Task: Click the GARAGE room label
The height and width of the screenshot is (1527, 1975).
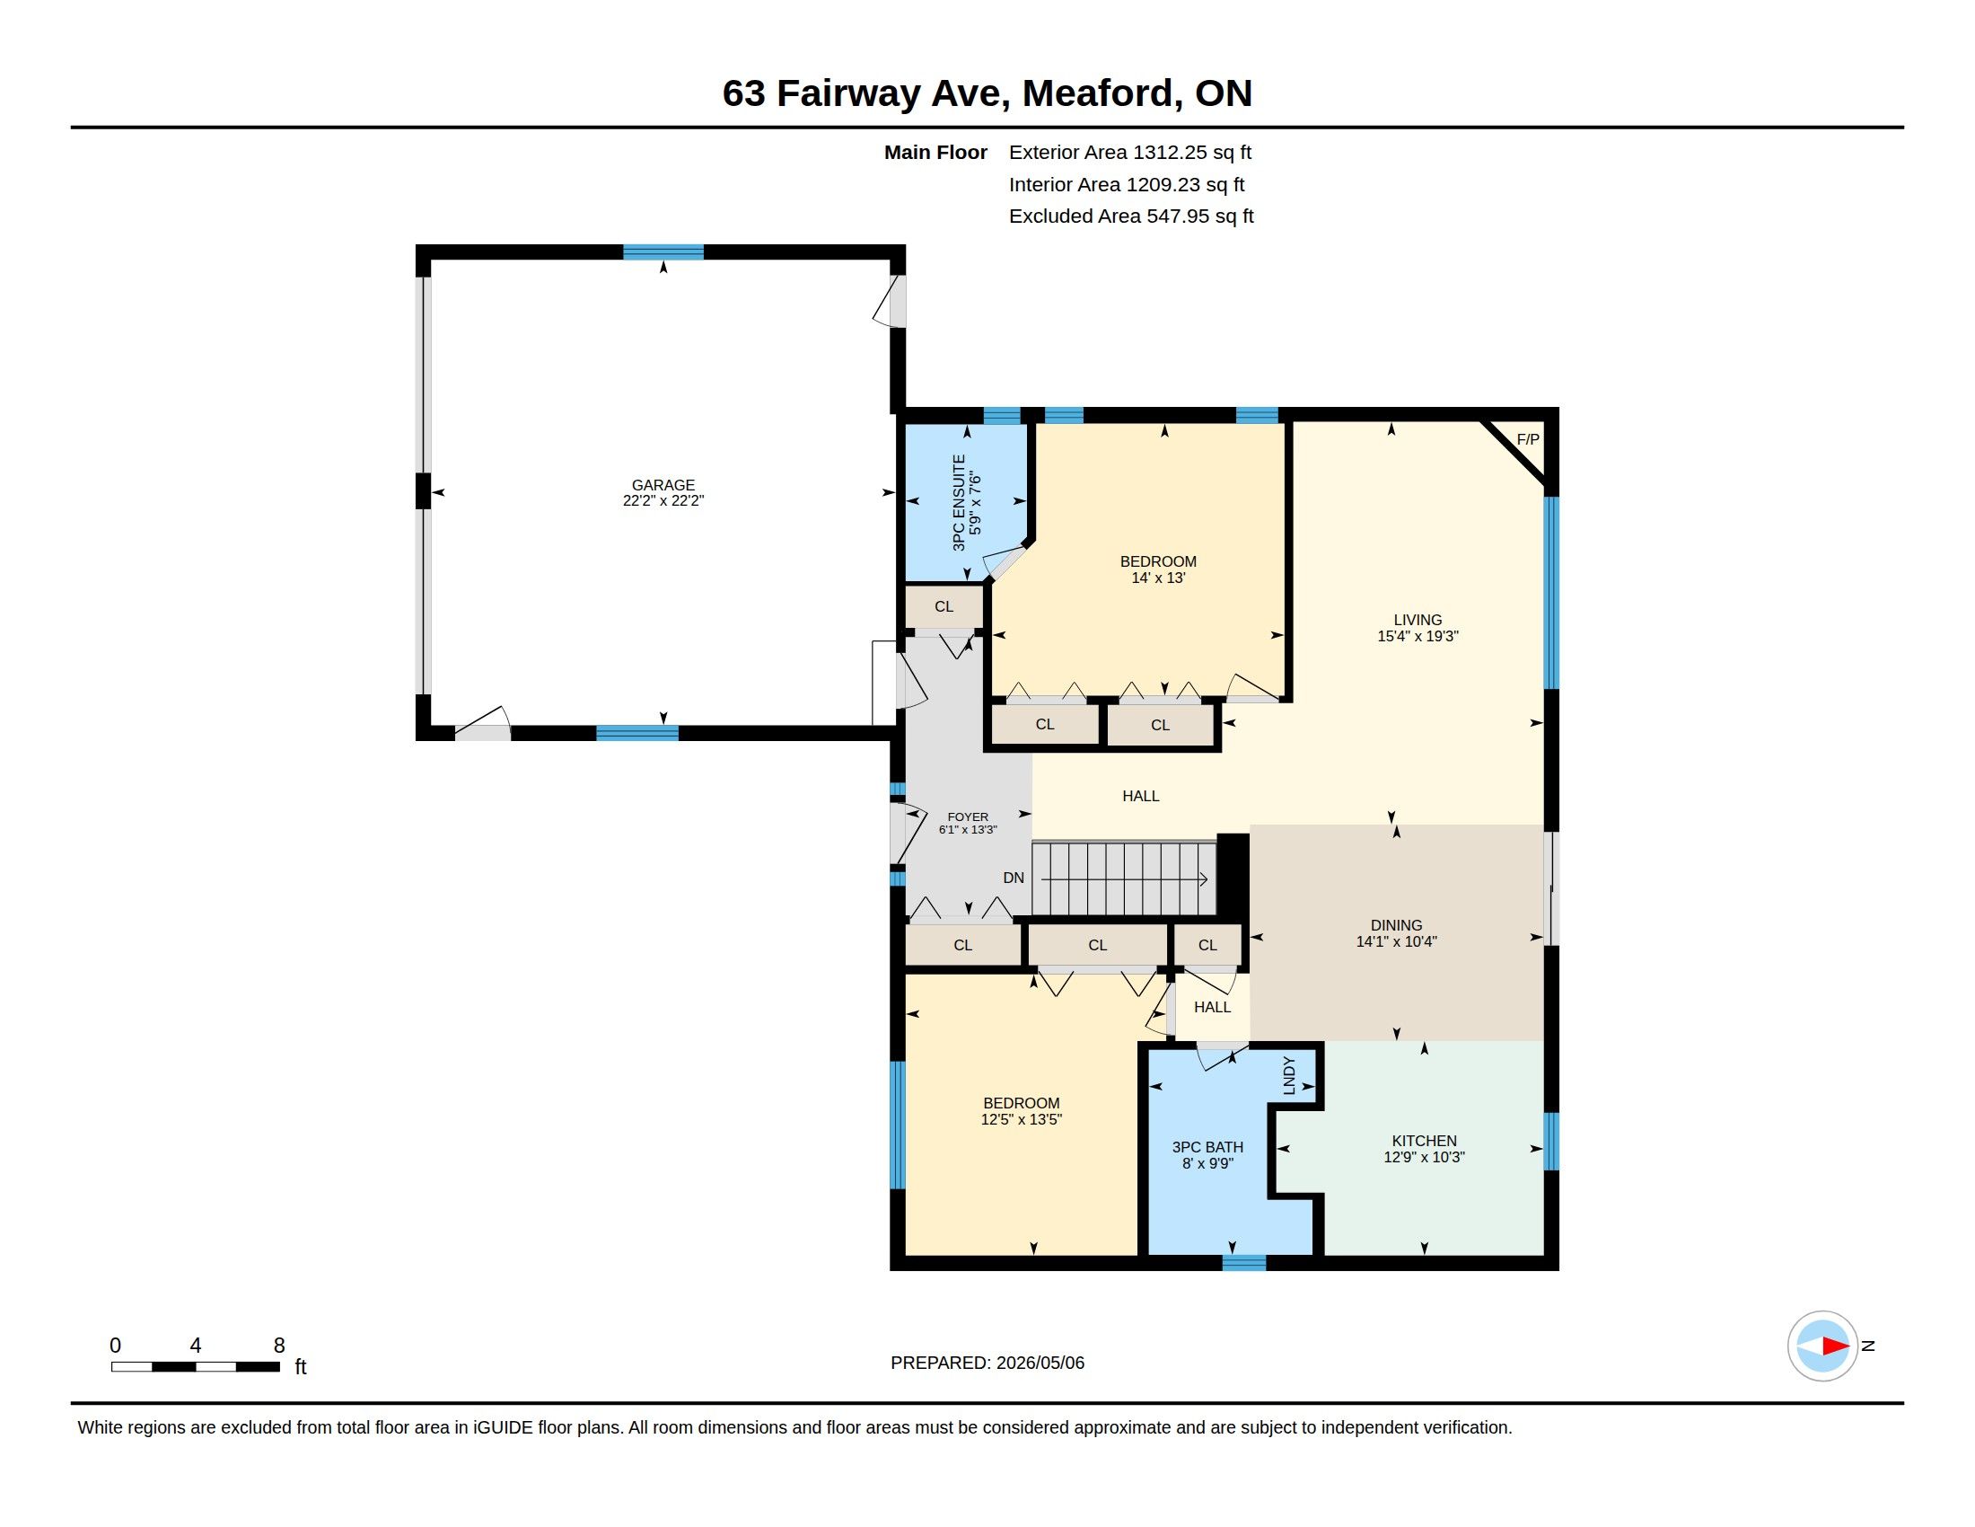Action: point(663,485)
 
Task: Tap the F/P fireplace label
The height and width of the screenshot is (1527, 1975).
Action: point(1527,439)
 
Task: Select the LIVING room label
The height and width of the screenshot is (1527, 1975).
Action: point(1417,620)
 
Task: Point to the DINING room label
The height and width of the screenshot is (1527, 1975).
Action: point(1396,924)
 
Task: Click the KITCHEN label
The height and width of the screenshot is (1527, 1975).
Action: point(1425,1141)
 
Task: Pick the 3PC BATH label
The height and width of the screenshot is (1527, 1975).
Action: point(1207,1147)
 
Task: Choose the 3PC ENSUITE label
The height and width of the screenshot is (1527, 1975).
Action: point(959,503)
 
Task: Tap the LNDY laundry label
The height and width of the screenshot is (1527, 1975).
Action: point(1288,1075)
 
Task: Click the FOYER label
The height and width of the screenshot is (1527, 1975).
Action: point(968,816)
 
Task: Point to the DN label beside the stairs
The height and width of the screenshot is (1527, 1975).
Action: point(1013,878)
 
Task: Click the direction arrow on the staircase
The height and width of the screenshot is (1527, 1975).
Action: point(1124,878)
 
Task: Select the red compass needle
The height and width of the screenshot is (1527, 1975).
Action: point(1835,1346)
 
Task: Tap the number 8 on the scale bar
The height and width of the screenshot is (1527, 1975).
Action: point(279,1346)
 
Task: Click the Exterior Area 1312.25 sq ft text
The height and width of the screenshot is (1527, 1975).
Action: point(1130,152)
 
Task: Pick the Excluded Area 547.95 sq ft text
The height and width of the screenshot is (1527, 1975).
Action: point(1131,216)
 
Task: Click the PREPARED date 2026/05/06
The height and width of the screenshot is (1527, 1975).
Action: point(1040,1363)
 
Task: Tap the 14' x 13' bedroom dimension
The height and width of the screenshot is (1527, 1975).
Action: point(1157,578)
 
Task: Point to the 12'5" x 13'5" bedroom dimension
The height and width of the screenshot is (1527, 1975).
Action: point(1021,1119)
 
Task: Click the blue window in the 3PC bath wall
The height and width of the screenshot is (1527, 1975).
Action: point(1243,1263)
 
